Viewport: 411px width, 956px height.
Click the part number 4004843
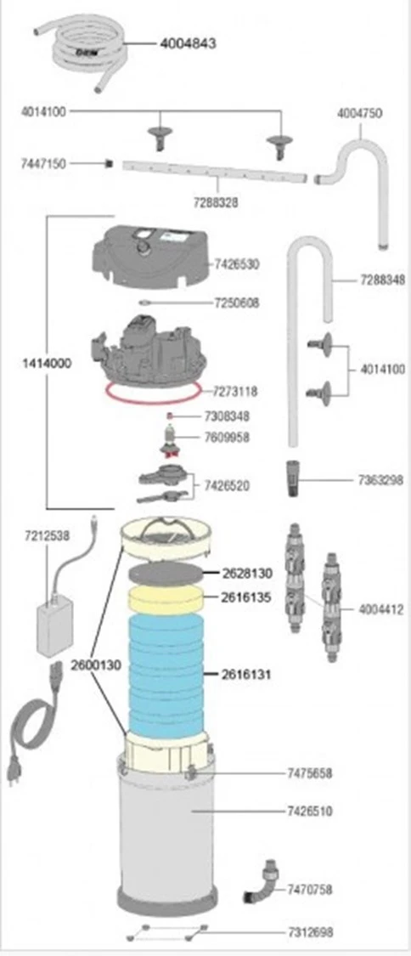[188, 44]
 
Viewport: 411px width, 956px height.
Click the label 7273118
[235, 392]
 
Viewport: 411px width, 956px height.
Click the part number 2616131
[246, 675]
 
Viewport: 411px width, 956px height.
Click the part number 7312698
[311, 932]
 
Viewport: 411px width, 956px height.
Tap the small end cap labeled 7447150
[110, 163]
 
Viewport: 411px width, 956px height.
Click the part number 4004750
[360, 113]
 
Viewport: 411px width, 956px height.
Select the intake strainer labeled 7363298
[292, 480]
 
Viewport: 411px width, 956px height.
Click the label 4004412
[380, 609]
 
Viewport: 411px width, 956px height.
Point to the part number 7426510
[310, 812]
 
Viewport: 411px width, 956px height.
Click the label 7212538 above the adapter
[47, 536]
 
